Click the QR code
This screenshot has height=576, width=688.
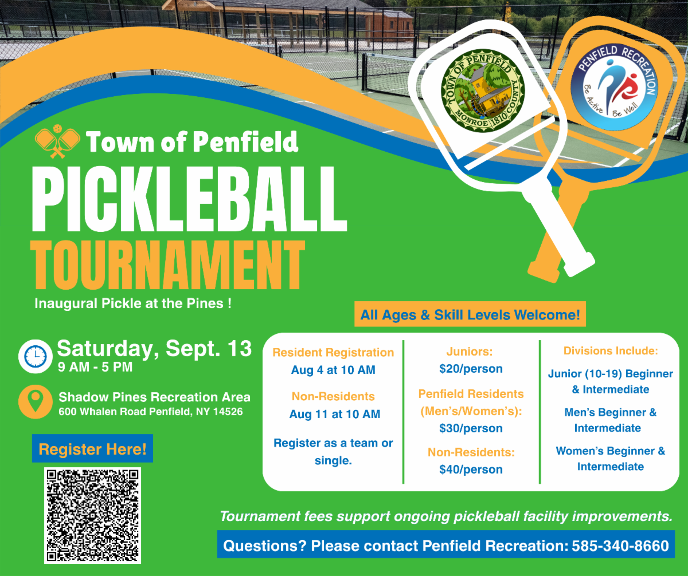pos(92,515)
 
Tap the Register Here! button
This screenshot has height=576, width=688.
pos(92,449)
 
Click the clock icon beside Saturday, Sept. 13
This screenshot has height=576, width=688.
pos(35,356)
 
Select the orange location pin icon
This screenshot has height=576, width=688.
pos(35,401)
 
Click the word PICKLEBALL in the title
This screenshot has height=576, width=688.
pos(189,199)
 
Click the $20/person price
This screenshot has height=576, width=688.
pos(471,369)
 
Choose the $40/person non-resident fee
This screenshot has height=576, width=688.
pos(471,470)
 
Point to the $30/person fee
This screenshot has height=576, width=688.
pos(471,428)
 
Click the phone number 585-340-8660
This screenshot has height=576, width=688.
pos(620,546)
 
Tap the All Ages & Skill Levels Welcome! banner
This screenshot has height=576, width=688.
pos(470,314)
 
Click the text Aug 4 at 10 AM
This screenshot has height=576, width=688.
pos(333,370)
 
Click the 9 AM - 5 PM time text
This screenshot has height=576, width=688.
pos(95,367)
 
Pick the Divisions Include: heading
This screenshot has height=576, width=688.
pos(611,350)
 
